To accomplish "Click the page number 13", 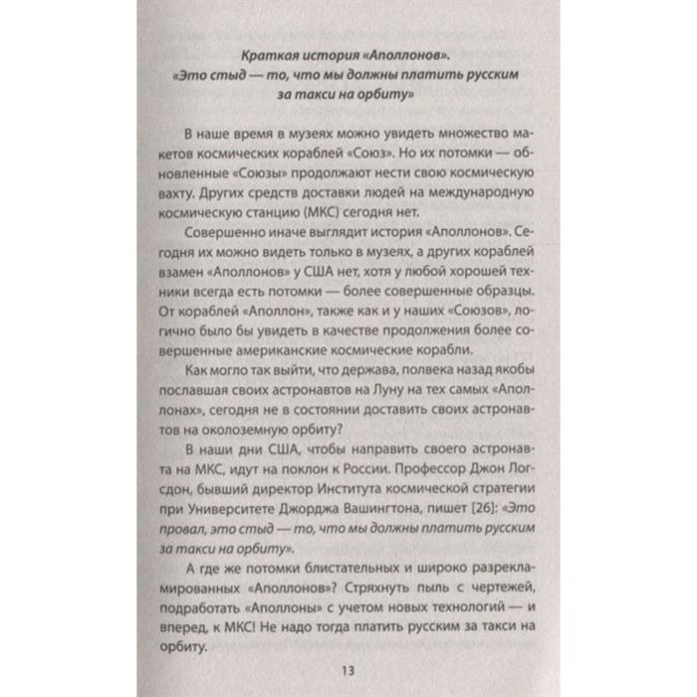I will point(347,668).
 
